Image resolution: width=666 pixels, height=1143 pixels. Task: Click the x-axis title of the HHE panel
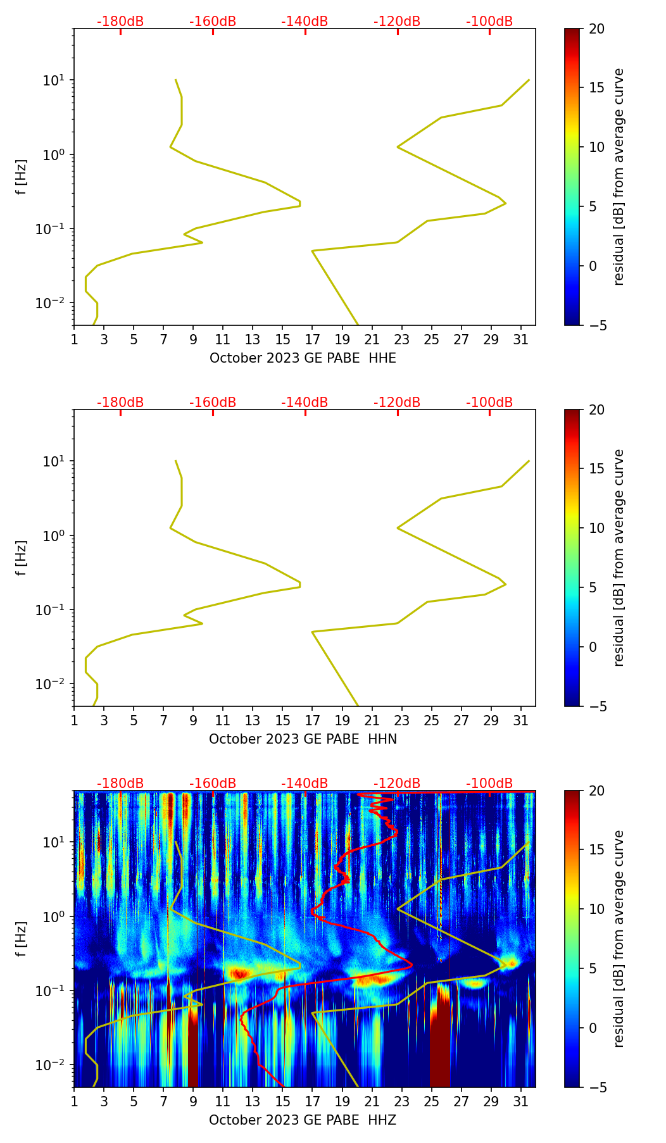click(x=303, y=358)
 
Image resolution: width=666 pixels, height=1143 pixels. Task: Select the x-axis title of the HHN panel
click(x=303, y=739)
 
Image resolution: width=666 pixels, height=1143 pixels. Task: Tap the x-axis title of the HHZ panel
click(x=303, y=1120)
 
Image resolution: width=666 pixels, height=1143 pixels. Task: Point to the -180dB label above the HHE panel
click(x=120, y=22)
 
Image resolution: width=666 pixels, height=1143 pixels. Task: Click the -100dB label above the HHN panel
click(x=489, y=403)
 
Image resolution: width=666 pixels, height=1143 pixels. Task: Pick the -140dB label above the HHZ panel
click(x=305, y=784)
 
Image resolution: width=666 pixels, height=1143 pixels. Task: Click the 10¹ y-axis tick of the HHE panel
click(x=53, y=80)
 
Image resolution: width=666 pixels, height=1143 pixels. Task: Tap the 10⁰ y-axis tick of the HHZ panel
click(x=53, y=917)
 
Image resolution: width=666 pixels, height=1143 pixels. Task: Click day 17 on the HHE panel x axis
click(x=313, y=339)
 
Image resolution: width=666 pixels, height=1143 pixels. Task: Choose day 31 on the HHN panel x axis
click(x=521, y=720)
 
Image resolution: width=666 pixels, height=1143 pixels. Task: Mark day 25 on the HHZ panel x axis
click(x=432, y=1101)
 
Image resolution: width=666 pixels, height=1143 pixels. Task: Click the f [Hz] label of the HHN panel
click(x=22, y=558)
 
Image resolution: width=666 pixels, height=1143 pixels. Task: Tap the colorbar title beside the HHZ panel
click(x=619, y=939)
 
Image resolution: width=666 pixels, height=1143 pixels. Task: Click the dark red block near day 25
click(x=440, y=1038)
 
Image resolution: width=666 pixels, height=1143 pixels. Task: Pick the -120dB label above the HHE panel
click(x=397, y=22)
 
